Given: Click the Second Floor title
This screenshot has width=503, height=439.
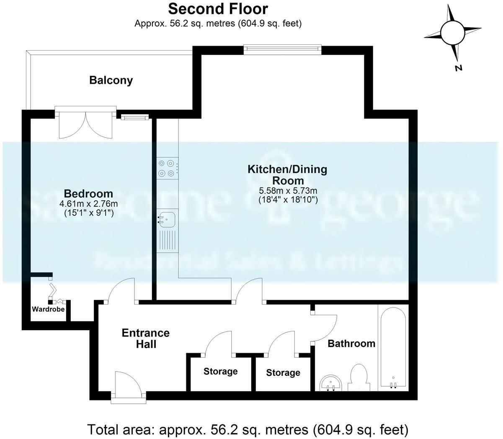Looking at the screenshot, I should tap(218, 9).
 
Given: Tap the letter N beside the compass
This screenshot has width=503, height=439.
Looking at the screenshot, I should tap(459, 68).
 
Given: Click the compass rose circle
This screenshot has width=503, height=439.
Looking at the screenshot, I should tap(452, 32).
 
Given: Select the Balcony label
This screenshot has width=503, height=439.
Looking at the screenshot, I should tap(111, 80).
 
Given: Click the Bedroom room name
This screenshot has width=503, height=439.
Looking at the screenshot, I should tap(88, 194).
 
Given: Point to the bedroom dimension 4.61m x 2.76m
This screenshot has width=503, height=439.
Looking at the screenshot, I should tap(88, 204).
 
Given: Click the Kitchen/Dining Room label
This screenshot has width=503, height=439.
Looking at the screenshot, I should tap(288, 175).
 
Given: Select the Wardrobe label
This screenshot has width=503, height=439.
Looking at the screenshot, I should tap(49, 309).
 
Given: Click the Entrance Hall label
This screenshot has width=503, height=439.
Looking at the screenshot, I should tap(145, 338).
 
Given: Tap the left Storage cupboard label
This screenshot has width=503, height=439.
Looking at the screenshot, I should tap(220, 372).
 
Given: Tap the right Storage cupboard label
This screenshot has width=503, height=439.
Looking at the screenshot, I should tap(283, 372).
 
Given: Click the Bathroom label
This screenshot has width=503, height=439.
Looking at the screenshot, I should tap(351, 344).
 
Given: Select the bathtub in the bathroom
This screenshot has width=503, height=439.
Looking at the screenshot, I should tap(392, 347).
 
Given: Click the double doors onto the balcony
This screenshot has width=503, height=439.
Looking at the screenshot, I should tap(85, 125).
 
